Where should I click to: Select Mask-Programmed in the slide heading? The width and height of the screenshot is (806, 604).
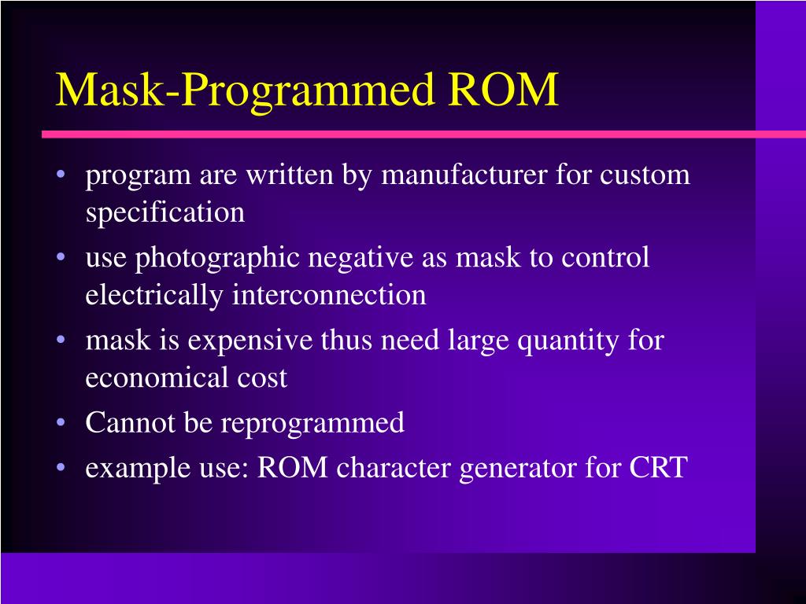(x=245, y=90)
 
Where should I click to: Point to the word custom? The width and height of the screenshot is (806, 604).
(x=645, y=175)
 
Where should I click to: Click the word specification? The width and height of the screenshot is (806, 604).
(x=165, y=212)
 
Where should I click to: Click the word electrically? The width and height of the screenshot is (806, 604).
(x=154, y=295)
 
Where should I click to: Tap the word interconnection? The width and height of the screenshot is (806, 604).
(x=329, y=295)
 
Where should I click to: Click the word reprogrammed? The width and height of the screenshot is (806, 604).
(x=312, y=423)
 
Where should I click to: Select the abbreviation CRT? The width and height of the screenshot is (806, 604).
(x=658, y=468)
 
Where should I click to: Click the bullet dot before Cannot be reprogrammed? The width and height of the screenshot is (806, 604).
(x=62, y=424)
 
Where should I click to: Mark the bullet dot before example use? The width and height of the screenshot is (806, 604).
(x=62, y=469)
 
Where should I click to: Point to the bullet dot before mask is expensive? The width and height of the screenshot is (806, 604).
(x=62, y=342)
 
